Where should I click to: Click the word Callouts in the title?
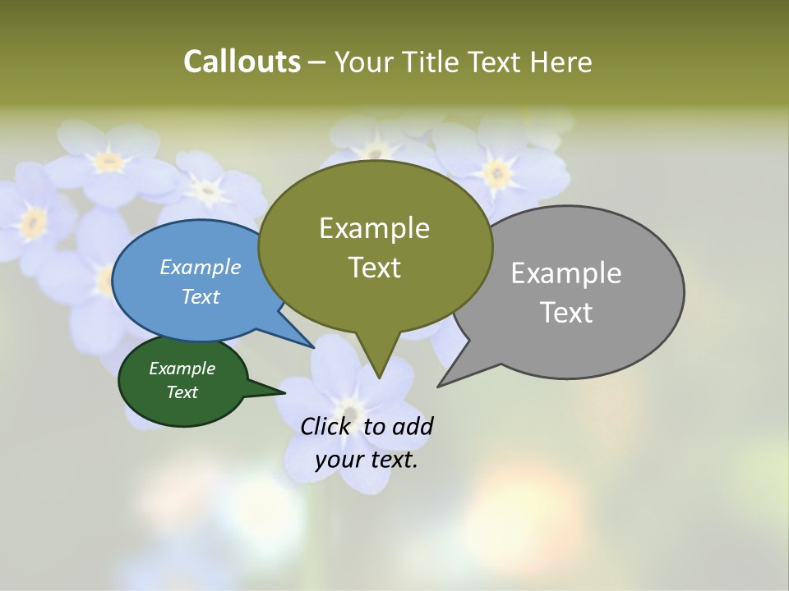(242, 62)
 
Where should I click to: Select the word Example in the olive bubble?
(374, 228)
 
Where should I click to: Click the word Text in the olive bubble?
(374, 268)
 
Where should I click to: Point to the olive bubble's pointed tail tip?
(378, 378)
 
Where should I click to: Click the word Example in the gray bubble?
(566, 273)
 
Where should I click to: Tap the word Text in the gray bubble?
(566, 313)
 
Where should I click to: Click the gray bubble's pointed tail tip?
(439, 385)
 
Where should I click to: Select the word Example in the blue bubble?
(200, 267)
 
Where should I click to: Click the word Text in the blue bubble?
(200, 296)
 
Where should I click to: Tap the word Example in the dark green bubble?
(182, 369)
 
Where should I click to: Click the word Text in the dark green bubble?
(182, 392)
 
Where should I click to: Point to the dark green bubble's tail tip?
(284, 393)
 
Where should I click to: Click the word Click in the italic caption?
(325, 426)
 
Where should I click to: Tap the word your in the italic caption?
(339, 460)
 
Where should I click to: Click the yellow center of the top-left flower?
(108, 162)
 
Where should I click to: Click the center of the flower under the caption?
(350, 410)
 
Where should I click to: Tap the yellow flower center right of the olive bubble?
(496, 173)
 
